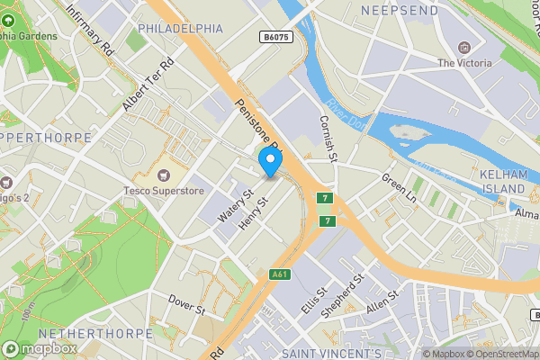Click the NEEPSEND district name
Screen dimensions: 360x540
click(x=400, y=10)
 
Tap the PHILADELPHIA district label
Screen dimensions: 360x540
click(x=180, y=29)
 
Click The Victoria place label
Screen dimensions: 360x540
click(x=464, y=63)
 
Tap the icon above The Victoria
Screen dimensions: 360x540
click(x=464, y=47)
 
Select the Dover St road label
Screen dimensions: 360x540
click(x=187, y=302)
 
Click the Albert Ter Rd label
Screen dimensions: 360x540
click(x=147, y=85)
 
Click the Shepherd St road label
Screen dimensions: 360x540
click(x=345, y=292)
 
